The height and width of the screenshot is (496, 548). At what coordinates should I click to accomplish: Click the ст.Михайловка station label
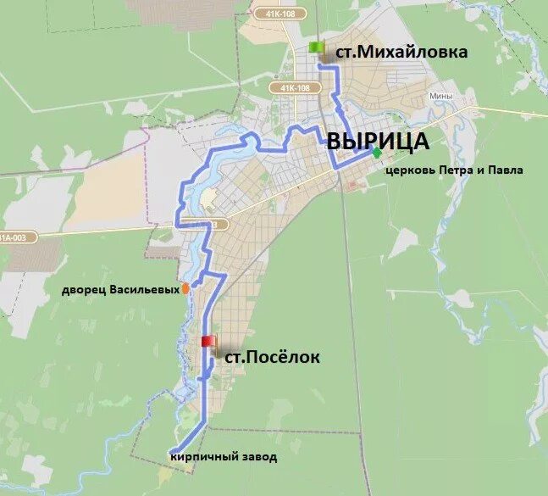click(x=401, y=52)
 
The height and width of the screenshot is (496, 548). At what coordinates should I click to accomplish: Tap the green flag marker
click(x=317, y=47)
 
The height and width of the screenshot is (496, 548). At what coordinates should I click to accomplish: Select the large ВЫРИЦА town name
click(x=378, y=142)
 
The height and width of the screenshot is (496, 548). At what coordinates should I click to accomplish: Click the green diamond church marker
click(x=376, y=153)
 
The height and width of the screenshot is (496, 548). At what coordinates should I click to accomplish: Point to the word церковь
click(x=410, y=170)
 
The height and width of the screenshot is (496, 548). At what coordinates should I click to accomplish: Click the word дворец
click(x=82, y=290)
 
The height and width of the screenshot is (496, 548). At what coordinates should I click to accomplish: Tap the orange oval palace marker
click(x=185, y=288)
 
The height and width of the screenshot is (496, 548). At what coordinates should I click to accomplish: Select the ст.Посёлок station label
click(x=271, y=358)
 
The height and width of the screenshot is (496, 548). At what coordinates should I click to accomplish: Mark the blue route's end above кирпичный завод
click(x=172, y=450)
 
